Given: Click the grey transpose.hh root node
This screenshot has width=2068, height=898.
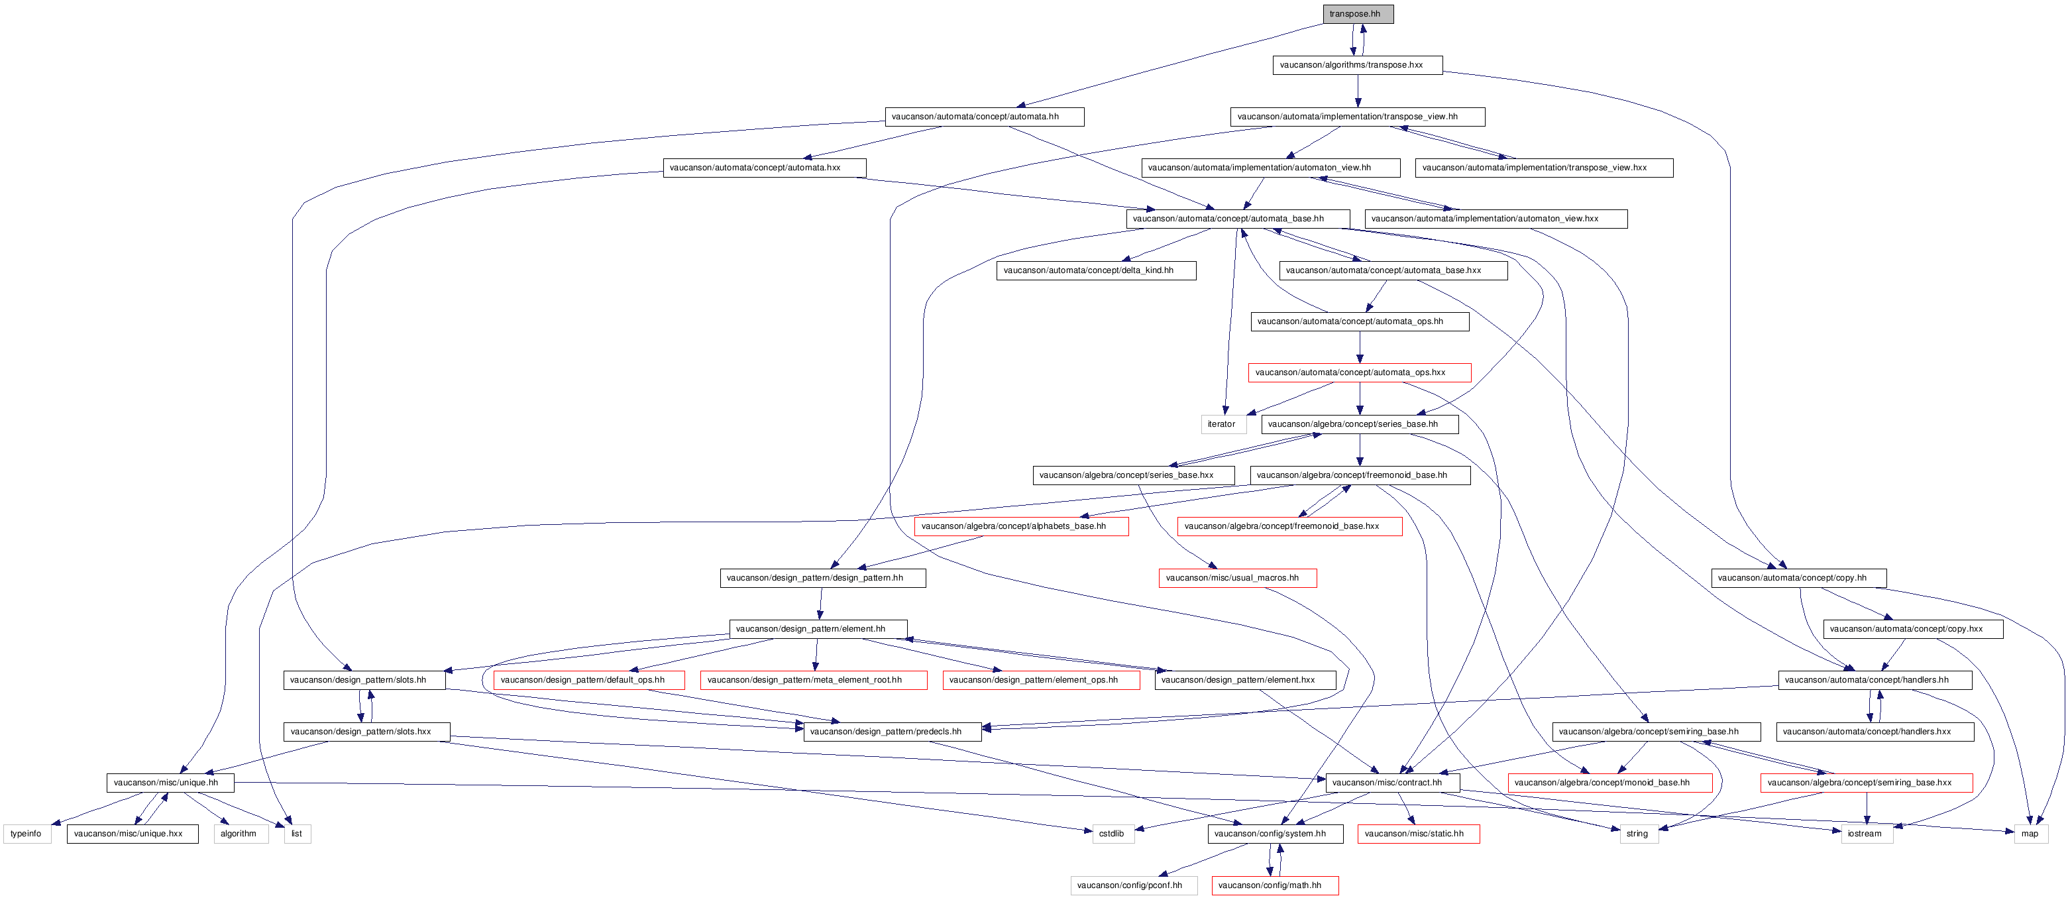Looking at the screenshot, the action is click(x=1358, y=14).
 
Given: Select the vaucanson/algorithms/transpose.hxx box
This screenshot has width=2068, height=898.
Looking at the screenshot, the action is click(x=1358, y=65).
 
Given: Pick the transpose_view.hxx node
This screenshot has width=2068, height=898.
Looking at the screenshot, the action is click(x=1544, y=168).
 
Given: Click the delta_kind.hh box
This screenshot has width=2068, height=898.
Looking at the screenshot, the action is click(x=1097, y=270).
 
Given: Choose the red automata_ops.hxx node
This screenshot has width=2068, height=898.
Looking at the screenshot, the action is click(x=1360, y=372).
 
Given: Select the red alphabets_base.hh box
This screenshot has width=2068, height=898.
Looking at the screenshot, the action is click(x=1021, y=526).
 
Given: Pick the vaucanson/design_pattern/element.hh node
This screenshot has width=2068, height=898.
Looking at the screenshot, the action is click(x=818, y=629).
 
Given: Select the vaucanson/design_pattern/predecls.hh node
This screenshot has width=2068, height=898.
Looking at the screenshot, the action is click(x=892, y=732).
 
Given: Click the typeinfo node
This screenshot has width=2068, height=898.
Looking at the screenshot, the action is click(x=27, y=834).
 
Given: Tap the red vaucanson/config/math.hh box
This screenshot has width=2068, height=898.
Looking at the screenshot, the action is click(x=1275, y=885).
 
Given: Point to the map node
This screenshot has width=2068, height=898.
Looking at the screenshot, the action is click(x=2030, y=834).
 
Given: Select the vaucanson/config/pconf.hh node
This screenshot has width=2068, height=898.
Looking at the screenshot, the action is click(x=1134, y=885).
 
